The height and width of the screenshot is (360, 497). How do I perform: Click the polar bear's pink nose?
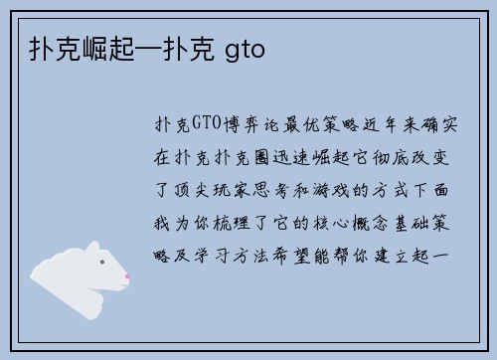pos(126,276)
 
